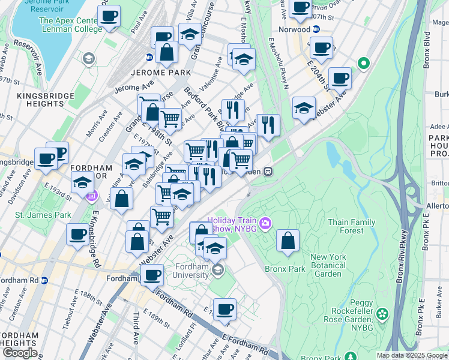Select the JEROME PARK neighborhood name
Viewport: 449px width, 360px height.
pyautogui.click(x=160, y=73)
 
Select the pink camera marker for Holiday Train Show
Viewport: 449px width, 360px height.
pyautogui.click(x=266, y=224)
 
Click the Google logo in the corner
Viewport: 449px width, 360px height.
pyautogui.click(x=20, y=353)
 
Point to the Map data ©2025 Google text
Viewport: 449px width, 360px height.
pyautogui.click(x=412, y=355)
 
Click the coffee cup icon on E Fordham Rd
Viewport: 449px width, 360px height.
pyautogui.click(x=224, y=309)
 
